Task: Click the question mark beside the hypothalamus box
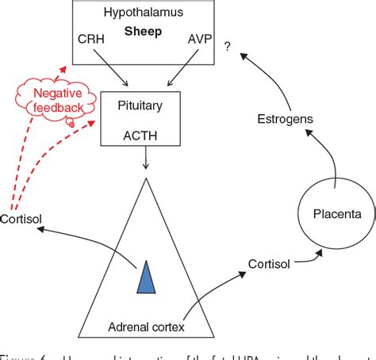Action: (227, 47)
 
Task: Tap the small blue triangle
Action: (146, 276)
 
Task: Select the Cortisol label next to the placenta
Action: (268, 262)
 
